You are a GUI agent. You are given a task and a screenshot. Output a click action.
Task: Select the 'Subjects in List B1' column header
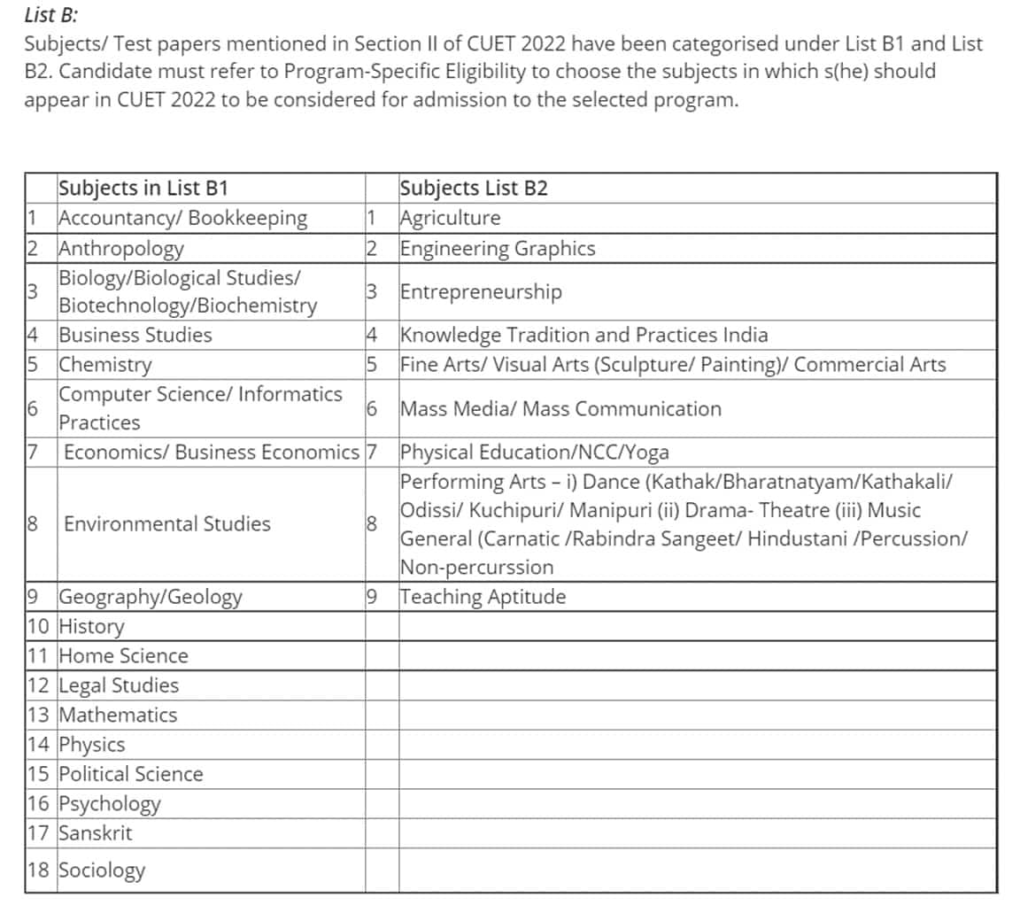[x=143, y=188]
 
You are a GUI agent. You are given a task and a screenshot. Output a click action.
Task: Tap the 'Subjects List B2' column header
[x=474, y=188]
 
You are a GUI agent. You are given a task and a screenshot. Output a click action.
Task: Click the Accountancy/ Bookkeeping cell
[x=183, y=218]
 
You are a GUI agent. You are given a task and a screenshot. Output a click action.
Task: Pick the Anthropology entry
[x=121, y=248]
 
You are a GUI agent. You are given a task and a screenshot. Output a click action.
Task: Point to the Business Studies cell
[x=135, y=335]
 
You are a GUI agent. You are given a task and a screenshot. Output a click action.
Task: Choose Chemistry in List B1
[x=105, y=364]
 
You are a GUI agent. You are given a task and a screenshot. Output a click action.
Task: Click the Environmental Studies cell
[x=167, y=523]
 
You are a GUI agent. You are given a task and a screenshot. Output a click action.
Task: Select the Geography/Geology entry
[x=151, y=597]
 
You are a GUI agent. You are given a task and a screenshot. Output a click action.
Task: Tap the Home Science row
[x=124, y=656]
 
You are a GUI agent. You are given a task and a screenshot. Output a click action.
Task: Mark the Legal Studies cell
[x=119, y=685]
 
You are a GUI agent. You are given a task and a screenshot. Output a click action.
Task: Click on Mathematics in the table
[x=118, y=715]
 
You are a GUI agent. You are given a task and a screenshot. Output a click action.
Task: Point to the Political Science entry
[x=131, y=774]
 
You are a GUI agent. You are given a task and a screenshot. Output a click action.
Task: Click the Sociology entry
[x=102, y=870]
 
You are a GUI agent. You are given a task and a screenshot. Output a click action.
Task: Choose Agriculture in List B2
[x=450, y=218]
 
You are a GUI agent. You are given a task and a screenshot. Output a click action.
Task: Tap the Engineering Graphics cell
[x=498, y=248]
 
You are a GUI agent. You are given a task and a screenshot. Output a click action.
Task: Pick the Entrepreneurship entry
[x=481, y=291]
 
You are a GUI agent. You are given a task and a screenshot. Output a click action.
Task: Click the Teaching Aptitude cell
[x=483, y=597]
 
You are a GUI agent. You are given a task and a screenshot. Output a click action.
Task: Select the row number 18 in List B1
[x=38, y=870]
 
